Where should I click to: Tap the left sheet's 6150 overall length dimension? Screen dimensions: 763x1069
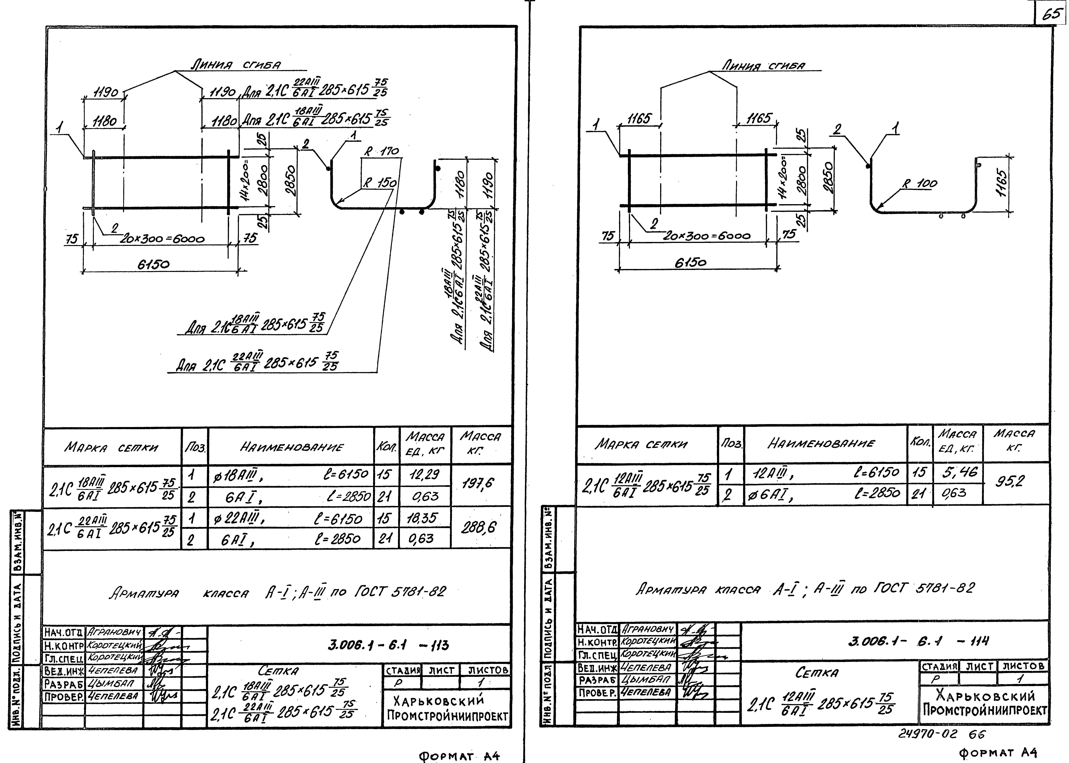pyautogui.click(x=153, y=265)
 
